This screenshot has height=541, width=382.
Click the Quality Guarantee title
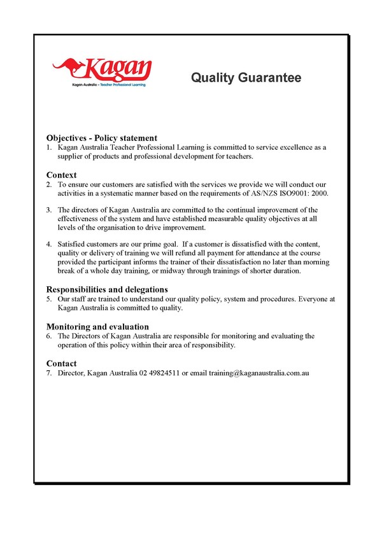[246, 78]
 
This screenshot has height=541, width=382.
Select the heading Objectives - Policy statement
[102, 138]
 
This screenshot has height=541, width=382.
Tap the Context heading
[62, 175]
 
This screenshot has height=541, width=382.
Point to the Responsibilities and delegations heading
[107, 289]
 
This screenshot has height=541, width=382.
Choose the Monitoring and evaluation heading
[97, 326]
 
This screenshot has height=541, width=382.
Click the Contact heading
[62, 363]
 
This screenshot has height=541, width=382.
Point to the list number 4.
[49, 244]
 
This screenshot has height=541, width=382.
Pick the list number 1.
[49, 147]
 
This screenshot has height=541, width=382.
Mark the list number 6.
[49, 336]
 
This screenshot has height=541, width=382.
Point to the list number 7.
[49, 373]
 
